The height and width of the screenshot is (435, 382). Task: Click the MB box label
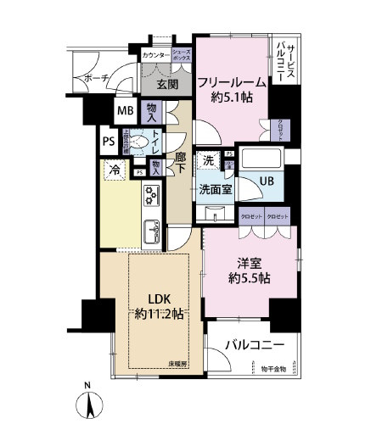125,111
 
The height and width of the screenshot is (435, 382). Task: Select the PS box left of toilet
109,142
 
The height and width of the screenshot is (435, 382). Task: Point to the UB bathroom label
267,180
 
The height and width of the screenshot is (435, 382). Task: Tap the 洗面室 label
216,189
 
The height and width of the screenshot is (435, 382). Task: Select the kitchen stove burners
152,195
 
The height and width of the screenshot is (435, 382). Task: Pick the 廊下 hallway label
181,165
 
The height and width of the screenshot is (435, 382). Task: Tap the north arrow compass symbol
91,406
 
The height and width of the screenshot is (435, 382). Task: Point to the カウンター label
155,54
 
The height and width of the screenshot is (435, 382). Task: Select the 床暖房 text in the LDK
177,364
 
